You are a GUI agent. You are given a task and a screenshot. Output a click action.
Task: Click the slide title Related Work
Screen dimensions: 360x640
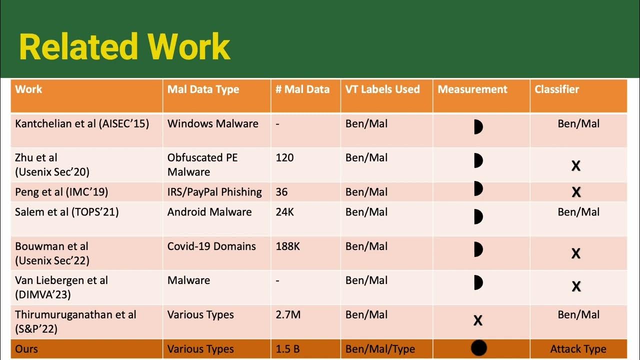coord(124,47)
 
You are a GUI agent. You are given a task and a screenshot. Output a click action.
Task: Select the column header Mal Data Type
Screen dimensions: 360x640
coord(203,89)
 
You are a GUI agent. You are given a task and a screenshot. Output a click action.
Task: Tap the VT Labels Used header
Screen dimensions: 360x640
coord(382,89)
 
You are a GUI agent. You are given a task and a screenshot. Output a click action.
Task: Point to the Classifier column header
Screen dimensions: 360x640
coord(556,89)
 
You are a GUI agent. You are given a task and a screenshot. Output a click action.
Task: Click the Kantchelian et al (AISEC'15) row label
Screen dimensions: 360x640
coord(82,123)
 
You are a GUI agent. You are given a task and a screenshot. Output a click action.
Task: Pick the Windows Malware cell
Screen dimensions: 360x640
coord(212,123)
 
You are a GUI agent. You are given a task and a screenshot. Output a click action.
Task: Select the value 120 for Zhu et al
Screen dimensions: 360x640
coord(284,157)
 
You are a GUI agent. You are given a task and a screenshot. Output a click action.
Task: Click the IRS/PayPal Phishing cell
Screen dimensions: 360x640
coord(214,192)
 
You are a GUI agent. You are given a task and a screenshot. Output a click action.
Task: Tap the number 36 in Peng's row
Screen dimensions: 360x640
coord(281,192)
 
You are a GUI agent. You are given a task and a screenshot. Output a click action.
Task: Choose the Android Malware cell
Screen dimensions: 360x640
coord(209,212)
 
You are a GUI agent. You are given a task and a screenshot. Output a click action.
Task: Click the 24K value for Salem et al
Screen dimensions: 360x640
coord(284,212)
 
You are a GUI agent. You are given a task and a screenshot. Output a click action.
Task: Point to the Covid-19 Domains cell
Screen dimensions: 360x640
coord(211,246)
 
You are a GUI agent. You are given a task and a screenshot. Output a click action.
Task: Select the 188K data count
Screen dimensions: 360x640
coord(287,246)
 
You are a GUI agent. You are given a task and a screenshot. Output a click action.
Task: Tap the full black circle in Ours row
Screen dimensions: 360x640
coord(478,348)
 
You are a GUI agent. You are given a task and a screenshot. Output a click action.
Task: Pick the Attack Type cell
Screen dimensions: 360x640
coord(578,349)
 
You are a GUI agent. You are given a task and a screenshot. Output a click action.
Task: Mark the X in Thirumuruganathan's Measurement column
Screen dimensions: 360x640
coord(478,320)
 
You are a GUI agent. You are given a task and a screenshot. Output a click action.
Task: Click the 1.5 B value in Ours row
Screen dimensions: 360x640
coord(287,349)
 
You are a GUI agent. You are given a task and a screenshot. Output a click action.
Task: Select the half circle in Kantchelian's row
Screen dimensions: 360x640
coord(478,127)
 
